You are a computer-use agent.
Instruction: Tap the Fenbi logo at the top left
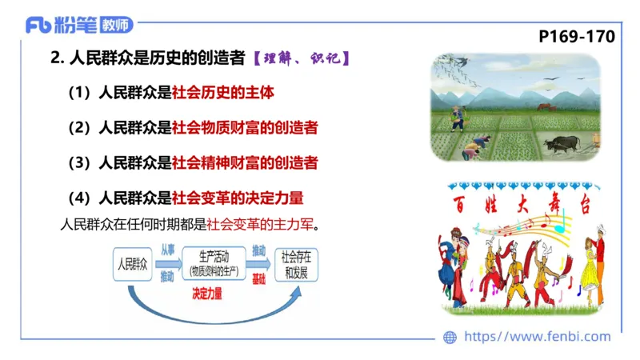click(79, 25)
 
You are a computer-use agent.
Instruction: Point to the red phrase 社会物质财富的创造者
click(245, 127)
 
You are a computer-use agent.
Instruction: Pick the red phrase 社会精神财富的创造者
click(245, 162)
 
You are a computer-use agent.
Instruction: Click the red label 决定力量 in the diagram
click(207, 294)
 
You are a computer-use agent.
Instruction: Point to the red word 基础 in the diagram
click(259, 278)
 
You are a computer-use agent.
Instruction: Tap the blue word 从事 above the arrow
click(167, 250)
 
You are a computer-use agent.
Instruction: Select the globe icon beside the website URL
click(450, 337)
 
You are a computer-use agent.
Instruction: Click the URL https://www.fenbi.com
click(537, 337)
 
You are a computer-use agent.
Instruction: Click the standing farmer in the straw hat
click(457, 117)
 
